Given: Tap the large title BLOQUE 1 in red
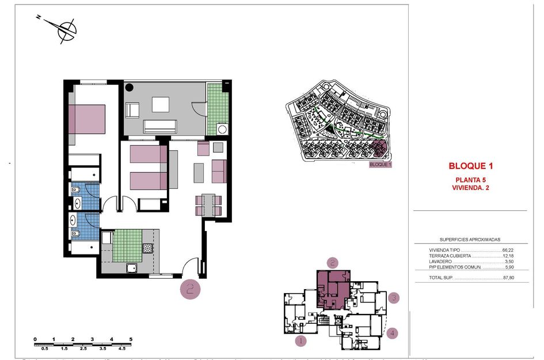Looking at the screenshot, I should [x=471, y=166].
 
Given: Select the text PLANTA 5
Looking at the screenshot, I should [x=471, y=180].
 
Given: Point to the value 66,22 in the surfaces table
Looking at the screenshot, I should [x=507, y=250].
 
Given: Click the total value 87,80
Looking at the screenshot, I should [x=507, y=278].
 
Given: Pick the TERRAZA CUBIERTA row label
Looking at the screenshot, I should [x=450, y=256].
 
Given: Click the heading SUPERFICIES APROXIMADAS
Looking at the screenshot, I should [x=470, y=240].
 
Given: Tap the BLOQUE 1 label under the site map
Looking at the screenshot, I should [x=380, y=165].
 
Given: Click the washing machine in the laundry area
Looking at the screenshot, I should [x=222, y=128].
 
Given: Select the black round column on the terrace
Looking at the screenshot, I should [x=130, y=88].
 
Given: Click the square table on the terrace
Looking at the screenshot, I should [x=161, y=104].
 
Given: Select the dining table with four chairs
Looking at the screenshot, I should [x=208, y=205].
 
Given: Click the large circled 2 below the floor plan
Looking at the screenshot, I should [x=191, y=288].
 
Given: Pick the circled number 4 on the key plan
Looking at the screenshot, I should [x=392, y=332].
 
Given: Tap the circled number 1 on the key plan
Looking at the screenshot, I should [x=300, y=340].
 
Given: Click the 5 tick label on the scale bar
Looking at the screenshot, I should [x=131, y=339].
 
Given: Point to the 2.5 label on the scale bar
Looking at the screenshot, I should [x=83, y=349].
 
